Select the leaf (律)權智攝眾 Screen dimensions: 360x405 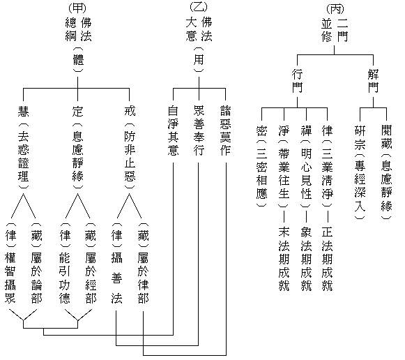(10, 262)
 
